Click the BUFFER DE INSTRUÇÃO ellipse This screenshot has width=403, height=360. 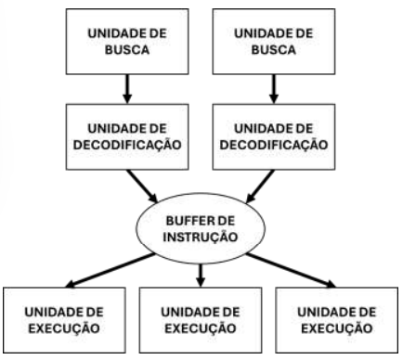(x=201, y=230)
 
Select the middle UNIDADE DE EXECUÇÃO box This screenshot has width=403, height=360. (x=201, y=321)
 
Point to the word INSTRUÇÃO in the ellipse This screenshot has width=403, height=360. (x=201, y=238)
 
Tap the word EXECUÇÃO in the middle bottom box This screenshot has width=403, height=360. (x=201, y=329)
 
